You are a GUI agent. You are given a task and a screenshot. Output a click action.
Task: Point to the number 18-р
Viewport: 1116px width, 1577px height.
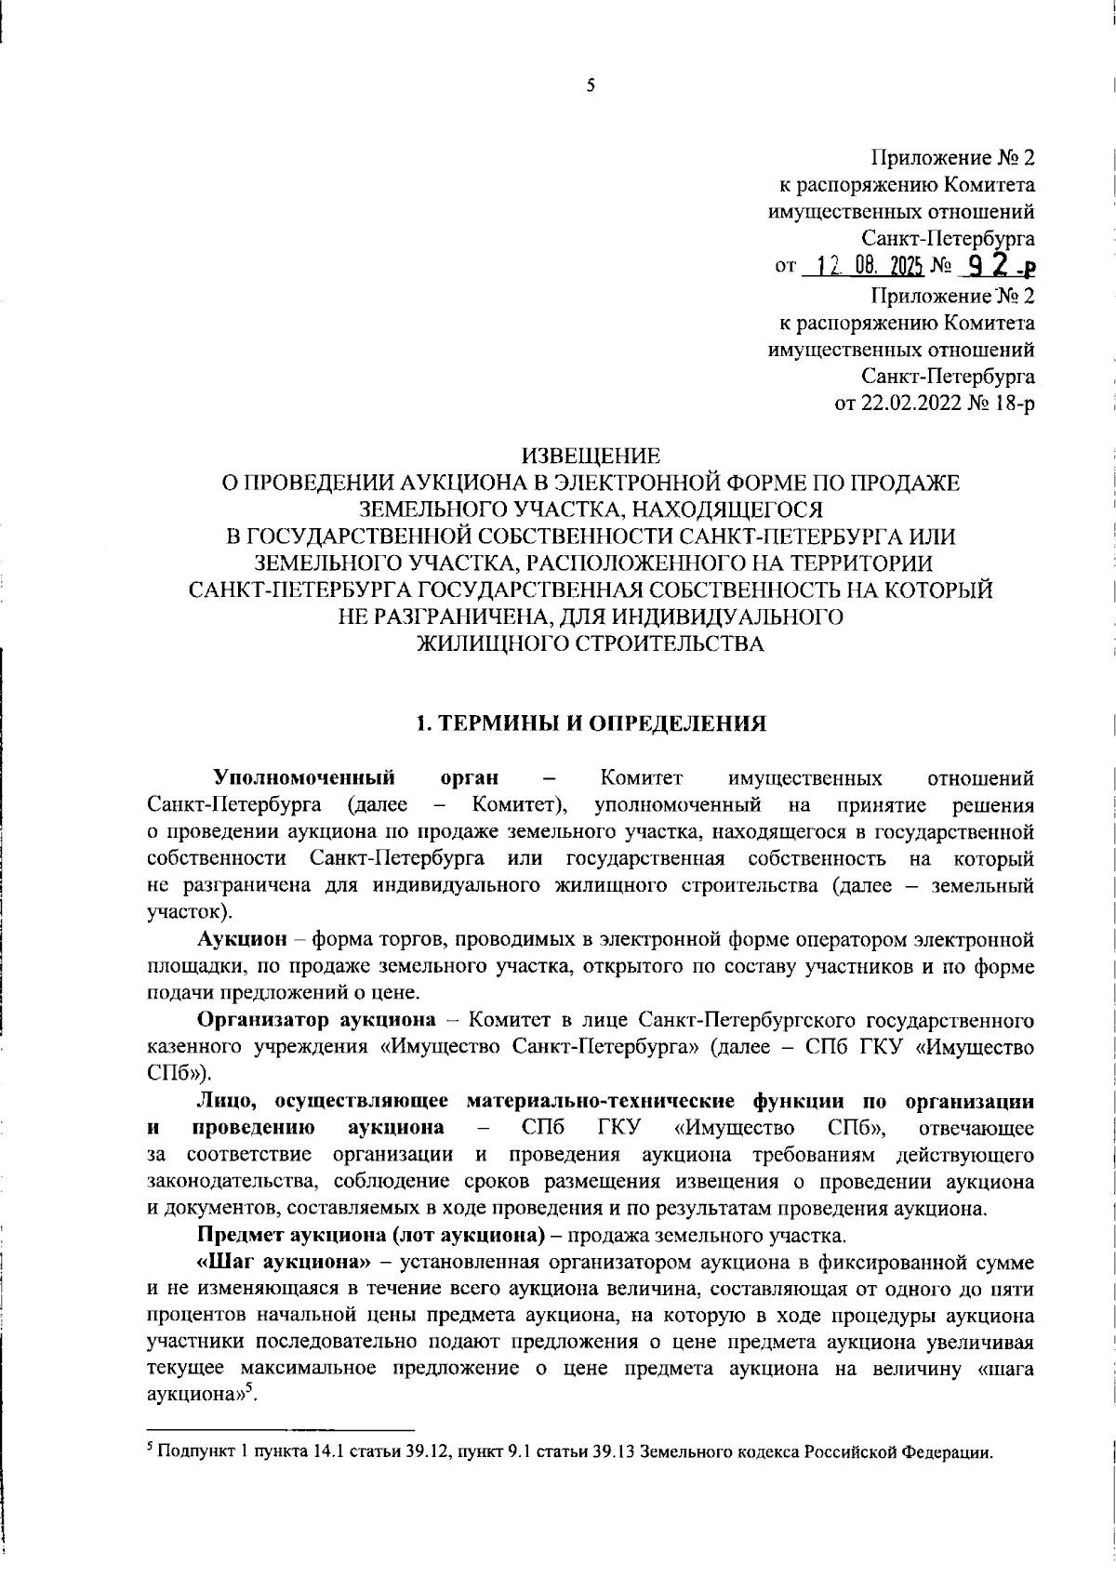[x=1010, y=404]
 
